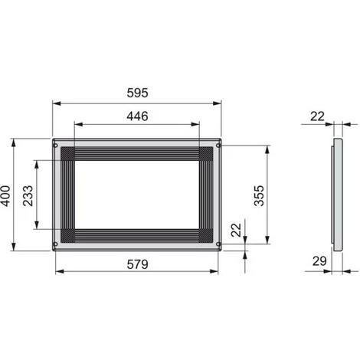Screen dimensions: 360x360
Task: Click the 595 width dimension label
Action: point(137,93)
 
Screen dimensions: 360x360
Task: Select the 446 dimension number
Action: point(137,116)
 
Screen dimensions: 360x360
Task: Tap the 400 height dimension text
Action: point(5,196)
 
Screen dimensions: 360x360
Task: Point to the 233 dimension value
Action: point(28,196)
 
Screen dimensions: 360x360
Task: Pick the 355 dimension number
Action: point(259,196)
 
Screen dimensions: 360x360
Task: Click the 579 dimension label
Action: point(137,264)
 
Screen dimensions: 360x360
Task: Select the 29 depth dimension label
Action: point(319,261)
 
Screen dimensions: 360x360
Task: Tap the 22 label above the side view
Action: point(317,116)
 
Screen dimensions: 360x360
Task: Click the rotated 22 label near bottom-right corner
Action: point(236,230)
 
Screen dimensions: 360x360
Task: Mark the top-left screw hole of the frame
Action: point(55,146)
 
